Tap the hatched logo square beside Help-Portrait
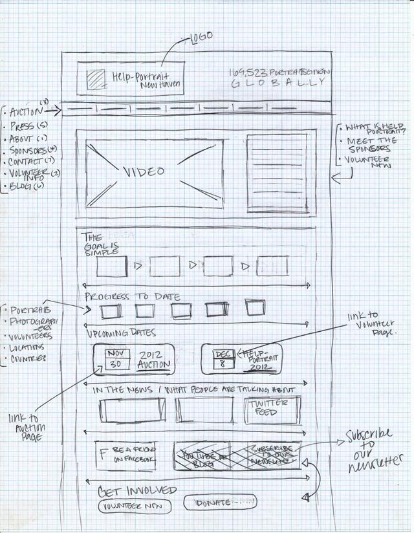coord(96,80)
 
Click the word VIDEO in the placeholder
coord(144,172)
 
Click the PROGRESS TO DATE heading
coord(132,297)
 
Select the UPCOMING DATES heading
coord(121,333)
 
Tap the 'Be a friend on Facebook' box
coord(126,454)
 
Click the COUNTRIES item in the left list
coord(27,358)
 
